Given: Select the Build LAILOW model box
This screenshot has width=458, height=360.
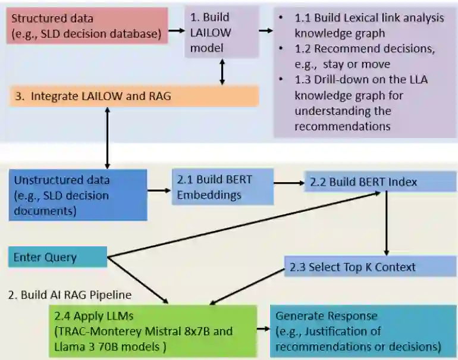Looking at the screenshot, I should tap(221, 32).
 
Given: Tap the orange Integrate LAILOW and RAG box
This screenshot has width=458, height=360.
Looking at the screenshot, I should tap(134, 96).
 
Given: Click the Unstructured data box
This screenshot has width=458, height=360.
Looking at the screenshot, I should tap(78, 195).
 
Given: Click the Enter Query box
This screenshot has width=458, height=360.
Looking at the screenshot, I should tap(57, 258).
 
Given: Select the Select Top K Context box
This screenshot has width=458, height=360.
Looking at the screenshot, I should tap(369, 267).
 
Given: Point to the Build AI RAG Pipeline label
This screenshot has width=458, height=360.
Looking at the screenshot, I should tap(70, 295).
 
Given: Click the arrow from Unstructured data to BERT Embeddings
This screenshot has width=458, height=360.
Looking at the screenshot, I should tap(159, 190).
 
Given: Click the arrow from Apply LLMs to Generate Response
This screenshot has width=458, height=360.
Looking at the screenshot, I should tap(262, 329).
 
